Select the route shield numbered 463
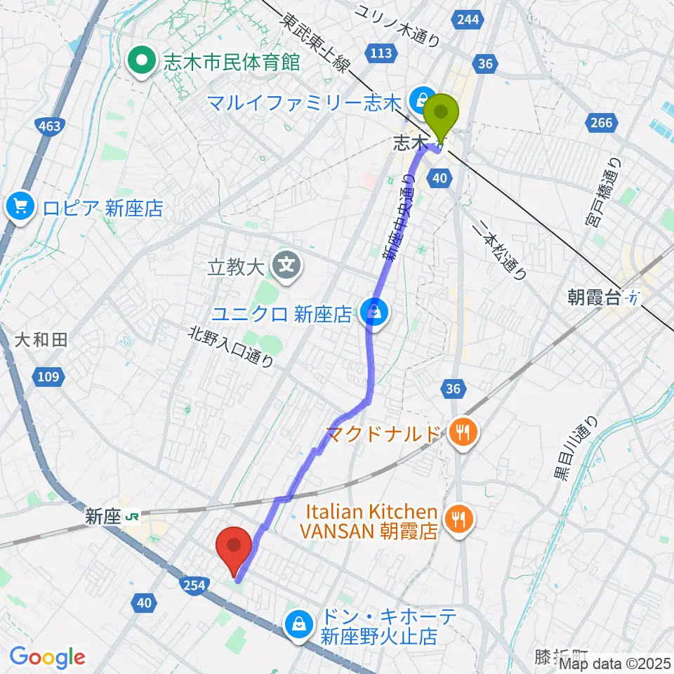[48, 126]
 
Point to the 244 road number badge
[468, 20]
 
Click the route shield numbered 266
[601, 124]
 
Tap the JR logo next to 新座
[132, 518]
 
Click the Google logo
[47, 657]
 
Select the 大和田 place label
[41, 341]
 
